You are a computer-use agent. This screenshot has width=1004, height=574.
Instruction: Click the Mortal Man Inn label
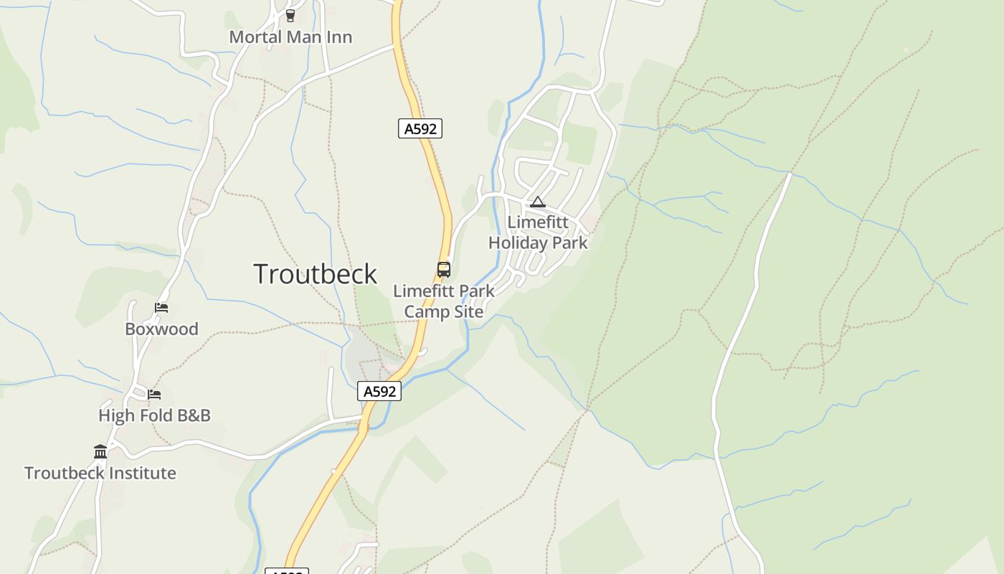click(x=290, y=37)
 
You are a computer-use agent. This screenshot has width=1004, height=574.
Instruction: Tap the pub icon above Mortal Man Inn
click(x=290, y=15)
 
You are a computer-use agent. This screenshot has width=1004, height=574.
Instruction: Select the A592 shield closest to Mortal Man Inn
click(x=420, y=128)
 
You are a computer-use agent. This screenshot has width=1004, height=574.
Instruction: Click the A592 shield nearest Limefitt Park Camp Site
click(x=379, y=391)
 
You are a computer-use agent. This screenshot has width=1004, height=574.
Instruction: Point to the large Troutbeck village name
click(x=315, y=274)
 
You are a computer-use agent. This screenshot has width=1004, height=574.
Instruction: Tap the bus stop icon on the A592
click(x=444, y=270)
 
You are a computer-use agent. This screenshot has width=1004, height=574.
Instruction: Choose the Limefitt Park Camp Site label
click(x=444, y=301)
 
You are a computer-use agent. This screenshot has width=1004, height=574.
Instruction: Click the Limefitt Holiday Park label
click(x=538, y=232)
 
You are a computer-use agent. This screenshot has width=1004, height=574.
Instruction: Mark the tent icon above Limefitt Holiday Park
click(x=538, y=202)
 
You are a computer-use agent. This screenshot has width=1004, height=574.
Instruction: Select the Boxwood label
click(x=161, y=329)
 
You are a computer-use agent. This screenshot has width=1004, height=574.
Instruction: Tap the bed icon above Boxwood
click(x=161, y=308)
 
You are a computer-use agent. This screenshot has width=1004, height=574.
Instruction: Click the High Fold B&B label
click(x=154, y=415)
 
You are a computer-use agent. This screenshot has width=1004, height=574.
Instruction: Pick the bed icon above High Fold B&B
click(x=154, y=394)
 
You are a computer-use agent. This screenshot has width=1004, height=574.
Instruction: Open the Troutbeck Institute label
click(x=100, y=473)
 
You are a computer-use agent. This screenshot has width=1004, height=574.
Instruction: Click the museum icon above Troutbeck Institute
click(x=100, y=451)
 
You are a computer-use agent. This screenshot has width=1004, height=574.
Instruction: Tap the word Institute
click(x=138, y=473)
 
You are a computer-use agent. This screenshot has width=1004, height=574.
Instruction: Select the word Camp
click(x=424, y=312)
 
